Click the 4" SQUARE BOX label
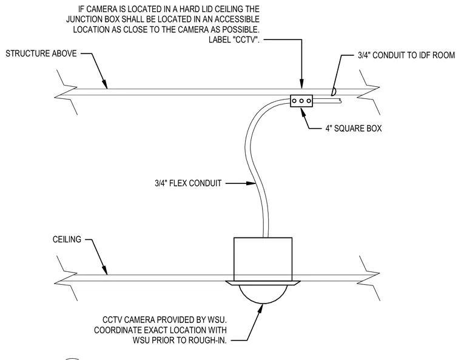(x=354, y=128)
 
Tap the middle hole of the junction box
(x=301, y=101)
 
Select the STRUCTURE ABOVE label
(x=41, y=53)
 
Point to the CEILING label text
(x=67, y=239)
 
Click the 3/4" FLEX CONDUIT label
(x=188, y=183)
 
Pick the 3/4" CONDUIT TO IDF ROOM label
(x=406, y=55)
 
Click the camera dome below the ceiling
(x=263, y=294)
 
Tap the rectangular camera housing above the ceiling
(x=263, y=259)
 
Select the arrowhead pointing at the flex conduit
(x=251, y=183)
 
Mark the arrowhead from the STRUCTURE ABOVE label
(x=104, y=84)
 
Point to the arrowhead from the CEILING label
(x=104, y=270)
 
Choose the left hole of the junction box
(x=294, y=101)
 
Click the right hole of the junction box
(x=309, y=101)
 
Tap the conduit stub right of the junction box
(x=326, y=101)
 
